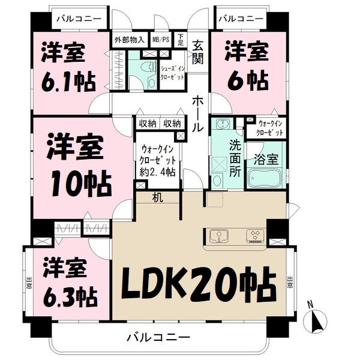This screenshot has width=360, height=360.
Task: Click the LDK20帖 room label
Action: click(199, 282)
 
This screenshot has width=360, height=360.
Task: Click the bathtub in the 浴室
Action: click(265, 179)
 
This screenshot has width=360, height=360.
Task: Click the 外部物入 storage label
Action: click(129, 40)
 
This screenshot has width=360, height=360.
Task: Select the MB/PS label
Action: click(161, 40)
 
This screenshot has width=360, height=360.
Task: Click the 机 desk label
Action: click(157, 197)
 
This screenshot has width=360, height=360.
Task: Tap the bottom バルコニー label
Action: click(158, 337)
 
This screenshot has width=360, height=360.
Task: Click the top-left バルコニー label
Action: click(78, 19)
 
